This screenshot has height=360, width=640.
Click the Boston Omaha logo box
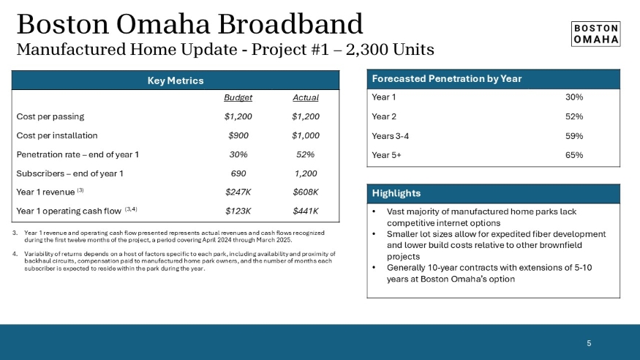click(595, 34)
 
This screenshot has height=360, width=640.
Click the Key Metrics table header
click(176, 80)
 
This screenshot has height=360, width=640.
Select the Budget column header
click(238, 97)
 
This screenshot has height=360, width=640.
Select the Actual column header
click(305, 97)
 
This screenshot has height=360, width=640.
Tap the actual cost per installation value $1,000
click(305, 135)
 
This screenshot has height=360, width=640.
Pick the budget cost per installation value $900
click(238, 135)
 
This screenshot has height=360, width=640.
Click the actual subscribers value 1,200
click(305, 173)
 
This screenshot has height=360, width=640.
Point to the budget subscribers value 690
click(238, 173)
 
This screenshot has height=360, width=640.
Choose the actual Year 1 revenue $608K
click(305, 192)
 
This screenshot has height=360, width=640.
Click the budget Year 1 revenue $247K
click(238, 192)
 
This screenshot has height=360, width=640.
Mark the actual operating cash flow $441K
click(305, 211)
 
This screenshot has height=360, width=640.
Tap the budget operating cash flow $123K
click(238, 211)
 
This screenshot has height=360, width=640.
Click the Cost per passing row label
click(50, 116)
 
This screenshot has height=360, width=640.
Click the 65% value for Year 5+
click(573, 154)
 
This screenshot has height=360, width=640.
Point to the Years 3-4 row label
click(391, 135)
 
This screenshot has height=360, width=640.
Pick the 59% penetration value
click(573, 135)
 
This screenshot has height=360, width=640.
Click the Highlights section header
click(396, 193)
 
